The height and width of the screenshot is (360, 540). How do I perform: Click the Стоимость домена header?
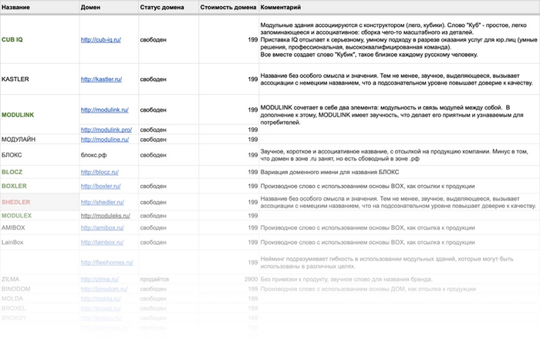pos(228,7)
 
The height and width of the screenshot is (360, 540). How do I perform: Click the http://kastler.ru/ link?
pos(101,79)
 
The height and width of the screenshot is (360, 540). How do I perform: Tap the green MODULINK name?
pos(18,114)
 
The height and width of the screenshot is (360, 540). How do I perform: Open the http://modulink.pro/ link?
pos(106,130)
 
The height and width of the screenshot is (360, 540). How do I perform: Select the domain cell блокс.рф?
pos(94,155)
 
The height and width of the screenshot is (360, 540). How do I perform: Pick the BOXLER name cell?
pos(15,186)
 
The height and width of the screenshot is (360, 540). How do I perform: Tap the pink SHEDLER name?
pos(15,201)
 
